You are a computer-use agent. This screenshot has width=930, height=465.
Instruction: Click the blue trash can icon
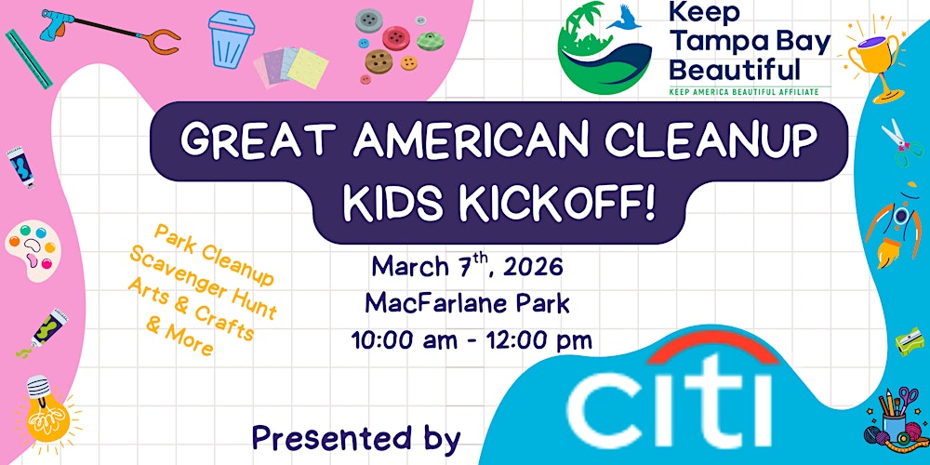pos(227,39)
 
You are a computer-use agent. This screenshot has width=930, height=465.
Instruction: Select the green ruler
pos(28,59)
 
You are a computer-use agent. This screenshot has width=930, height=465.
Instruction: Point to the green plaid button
pos(430,41)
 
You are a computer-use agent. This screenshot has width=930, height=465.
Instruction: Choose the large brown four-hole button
pos(378,62)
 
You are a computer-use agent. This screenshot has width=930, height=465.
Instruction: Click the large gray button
pos(369,19)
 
